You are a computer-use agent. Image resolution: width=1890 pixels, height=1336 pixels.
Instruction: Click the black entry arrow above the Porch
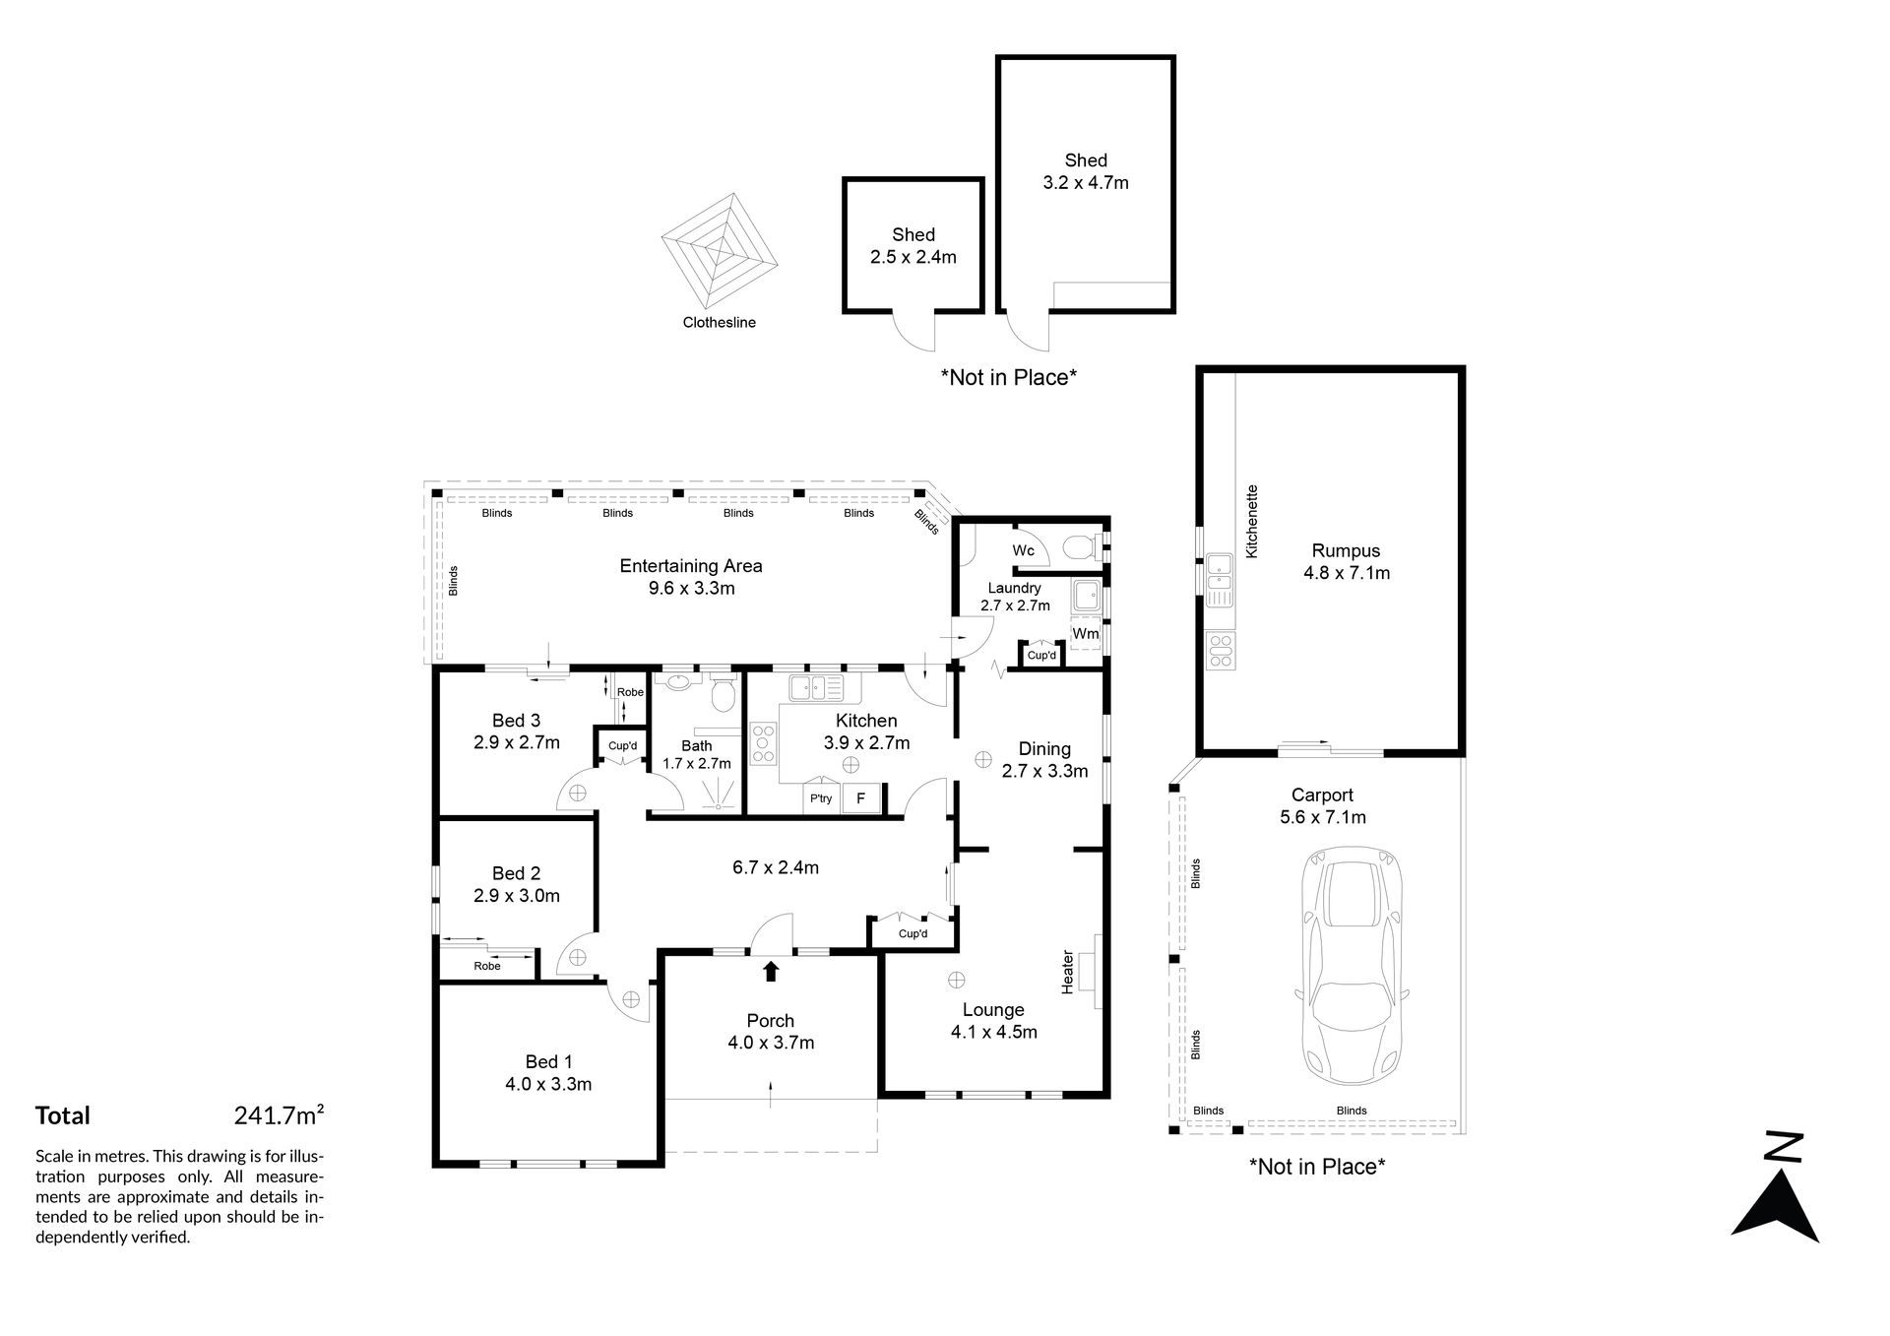coord(771,971)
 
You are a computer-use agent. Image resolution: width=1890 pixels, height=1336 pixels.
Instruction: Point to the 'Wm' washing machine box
coord(1086,634)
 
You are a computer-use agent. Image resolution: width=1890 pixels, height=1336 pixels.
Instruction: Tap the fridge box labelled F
coord(860,798)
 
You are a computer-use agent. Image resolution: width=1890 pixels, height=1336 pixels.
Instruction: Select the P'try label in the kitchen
coord(821,798)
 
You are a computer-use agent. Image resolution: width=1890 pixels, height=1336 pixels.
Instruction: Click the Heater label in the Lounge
coord(1067,972)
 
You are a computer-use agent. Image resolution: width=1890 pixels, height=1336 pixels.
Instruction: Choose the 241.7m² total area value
coord(280,1115)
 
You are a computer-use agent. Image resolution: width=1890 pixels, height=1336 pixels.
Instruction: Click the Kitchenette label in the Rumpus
coord(1252,522)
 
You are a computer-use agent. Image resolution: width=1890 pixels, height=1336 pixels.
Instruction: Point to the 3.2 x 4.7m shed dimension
coord(1086,182)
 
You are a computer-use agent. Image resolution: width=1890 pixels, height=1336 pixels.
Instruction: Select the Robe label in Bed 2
coord(487,966)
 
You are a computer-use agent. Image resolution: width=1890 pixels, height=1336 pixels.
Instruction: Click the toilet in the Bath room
coord(723,694)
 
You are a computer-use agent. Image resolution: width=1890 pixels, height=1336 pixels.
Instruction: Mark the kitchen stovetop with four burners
coord(764,744)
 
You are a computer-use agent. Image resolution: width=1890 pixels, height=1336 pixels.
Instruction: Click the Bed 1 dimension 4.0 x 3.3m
coord(548,1085)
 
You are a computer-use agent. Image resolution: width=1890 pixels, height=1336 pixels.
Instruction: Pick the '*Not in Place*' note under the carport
coord(1317,1167)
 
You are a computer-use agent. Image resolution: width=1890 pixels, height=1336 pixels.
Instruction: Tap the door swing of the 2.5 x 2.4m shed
coord(915,331)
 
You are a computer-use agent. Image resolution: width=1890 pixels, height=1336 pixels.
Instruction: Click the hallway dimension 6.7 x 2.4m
coord(776,867)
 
